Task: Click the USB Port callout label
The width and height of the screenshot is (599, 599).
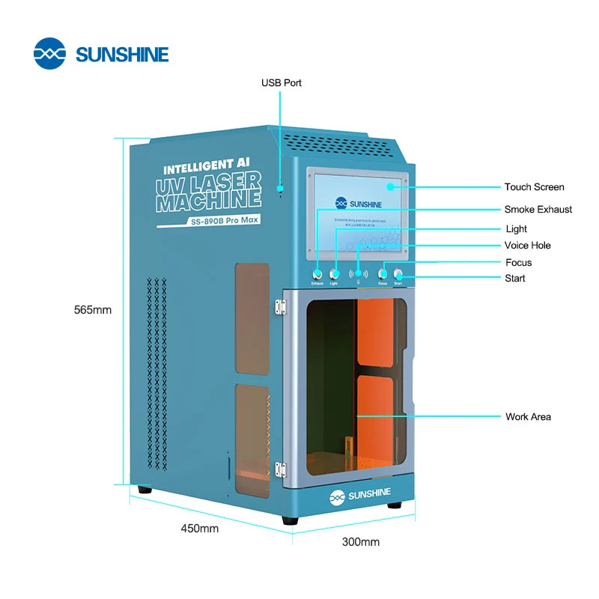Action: (281, 83)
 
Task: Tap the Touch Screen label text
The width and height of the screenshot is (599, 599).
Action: (534, 187)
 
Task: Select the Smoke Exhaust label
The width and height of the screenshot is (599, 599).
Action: (538, 210)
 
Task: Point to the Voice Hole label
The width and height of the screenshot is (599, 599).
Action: (527, 246)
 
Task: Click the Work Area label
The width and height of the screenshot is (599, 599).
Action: (528, 416)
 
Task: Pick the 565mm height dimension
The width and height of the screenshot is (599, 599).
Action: (92, 310)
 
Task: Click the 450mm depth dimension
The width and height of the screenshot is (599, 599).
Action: (199, 528)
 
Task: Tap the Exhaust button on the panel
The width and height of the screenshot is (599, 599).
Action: (317, 274)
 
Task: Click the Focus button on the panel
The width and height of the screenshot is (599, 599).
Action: (383, 274)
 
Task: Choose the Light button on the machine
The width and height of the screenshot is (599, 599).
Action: (334, 274)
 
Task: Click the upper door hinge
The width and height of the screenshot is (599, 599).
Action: (281, 307)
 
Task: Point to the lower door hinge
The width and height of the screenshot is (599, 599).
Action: (281, 469)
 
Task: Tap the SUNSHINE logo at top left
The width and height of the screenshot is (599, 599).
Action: (101, 54)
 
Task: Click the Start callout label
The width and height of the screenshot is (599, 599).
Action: (514, 279)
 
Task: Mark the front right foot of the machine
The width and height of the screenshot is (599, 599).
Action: (394, 505)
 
